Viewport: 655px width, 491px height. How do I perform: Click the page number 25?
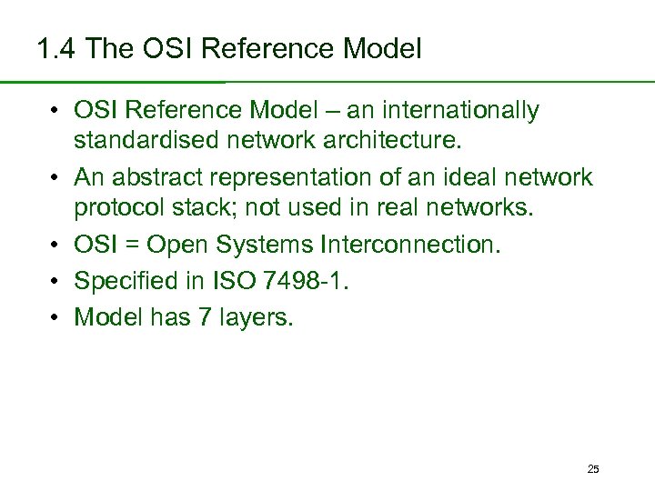(x=593, y=469)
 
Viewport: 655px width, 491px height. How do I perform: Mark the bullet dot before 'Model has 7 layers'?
(x=55, y=317)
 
